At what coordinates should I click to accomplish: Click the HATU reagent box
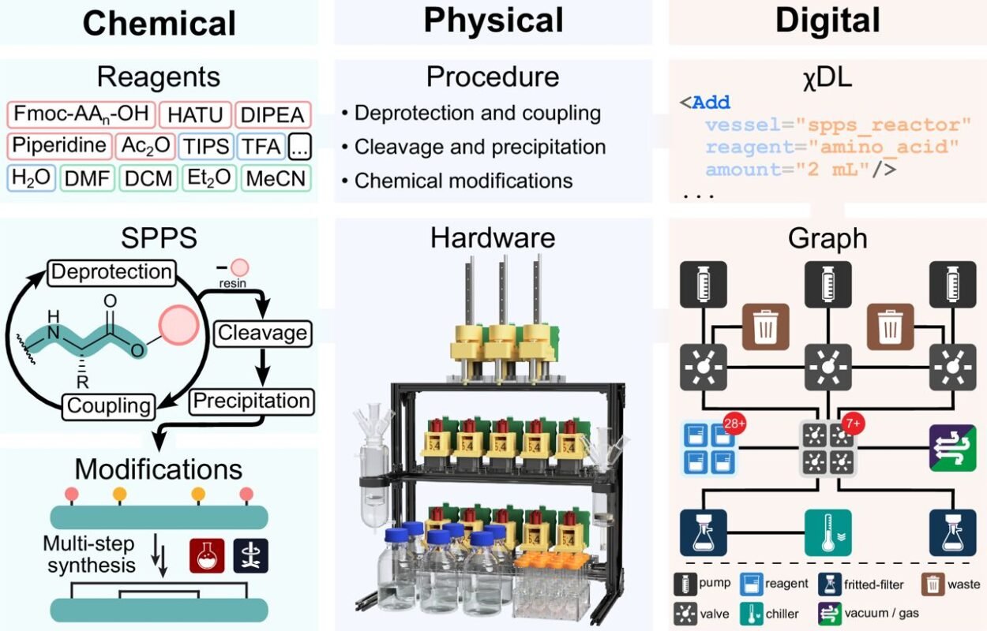coord(195,115)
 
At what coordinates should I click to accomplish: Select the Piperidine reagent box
coord(59,146)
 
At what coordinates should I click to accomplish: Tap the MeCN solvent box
coord(276,178)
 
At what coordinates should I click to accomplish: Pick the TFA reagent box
coord(261,146)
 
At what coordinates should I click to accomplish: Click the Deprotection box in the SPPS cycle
coord(111,272)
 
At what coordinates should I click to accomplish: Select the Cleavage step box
coord(263,333)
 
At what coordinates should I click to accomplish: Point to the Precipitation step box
coord(252,401)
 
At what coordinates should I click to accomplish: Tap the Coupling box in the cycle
coord(109,406)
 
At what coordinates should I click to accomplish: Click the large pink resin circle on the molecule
coord(179,326)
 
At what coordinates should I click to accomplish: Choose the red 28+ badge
coord(734,424)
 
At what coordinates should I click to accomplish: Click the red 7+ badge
coord(854,424)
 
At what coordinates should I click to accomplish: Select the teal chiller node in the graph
coord(828,533)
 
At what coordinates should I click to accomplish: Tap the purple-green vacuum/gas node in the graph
coord(952,448)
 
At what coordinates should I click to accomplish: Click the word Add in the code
coord(711,103)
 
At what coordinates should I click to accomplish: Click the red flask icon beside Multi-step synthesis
coord(207,556)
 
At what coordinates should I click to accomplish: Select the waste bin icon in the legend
coord(933,584)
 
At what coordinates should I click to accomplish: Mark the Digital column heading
coord(828,21)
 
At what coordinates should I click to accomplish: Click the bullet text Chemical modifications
coord(463,181)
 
